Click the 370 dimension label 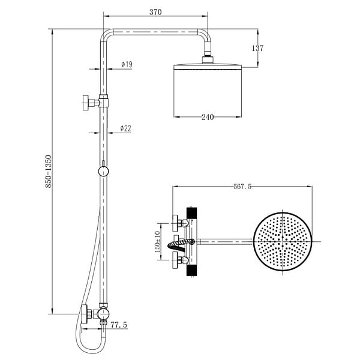point(155,12)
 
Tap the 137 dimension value point(257,48)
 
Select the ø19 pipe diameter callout point(127,64)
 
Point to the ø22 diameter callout point(126,128)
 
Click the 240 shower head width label point(208,117)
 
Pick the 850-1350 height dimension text point(49,172)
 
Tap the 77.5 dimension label point(119,325)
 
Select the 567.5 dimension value point(242,187)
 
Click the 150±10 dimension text point(157,242)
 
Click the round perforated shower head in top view point(283,242)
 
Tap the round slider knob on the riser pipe point(104,172)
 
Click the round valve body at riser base point(103,313)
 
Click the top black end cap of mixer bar point(192,213)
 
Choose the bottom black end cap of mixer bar point(192,270)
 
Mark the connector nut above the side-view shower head point(208,59)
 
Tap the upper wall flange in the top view point(175,223)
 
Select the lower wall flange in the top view point(175,260)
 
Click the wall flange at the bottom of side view point(85,314)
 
